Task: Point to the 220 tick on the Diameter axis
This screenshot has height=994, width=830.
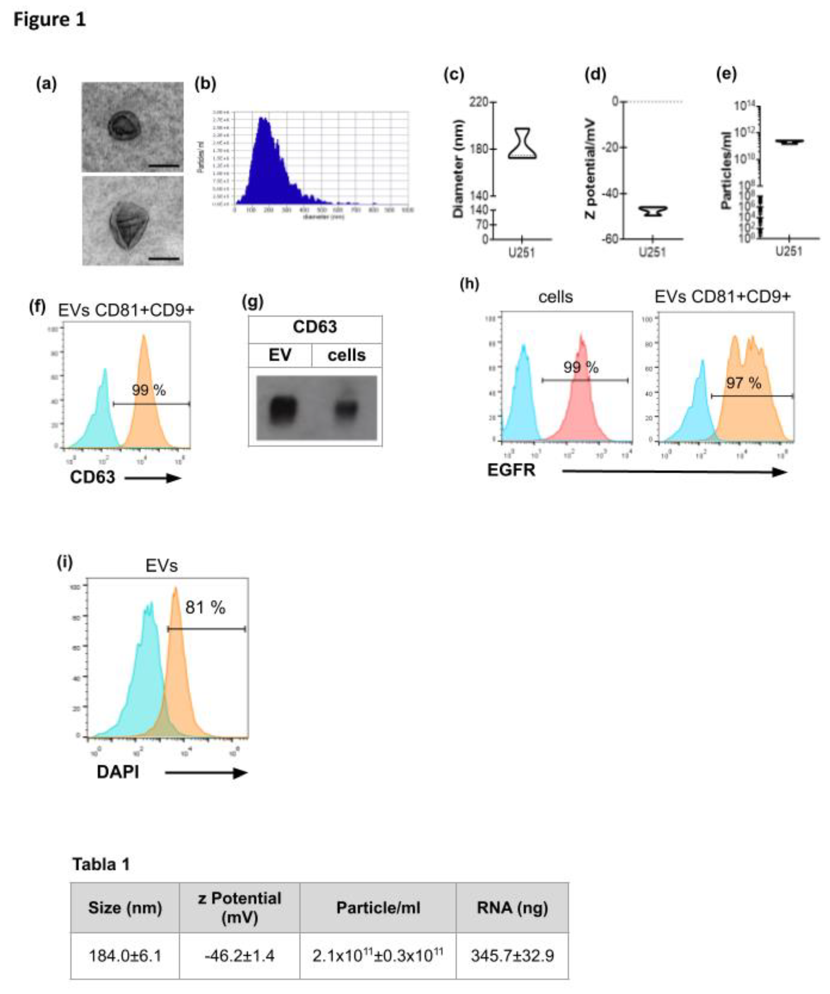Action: (482, 102)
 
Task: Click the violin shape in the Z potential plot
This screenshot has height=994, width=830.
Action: (653, 211)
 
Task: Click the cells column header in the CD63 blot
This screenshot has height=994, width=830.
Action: (346, 355)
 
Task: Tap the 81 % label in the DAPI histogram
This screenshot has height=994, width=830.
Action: (205, 607)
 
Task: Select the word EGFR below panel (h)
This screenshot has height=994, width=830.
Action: (511, 470)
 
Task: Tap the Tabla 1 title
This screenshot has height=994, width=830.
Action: (101, 864)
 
